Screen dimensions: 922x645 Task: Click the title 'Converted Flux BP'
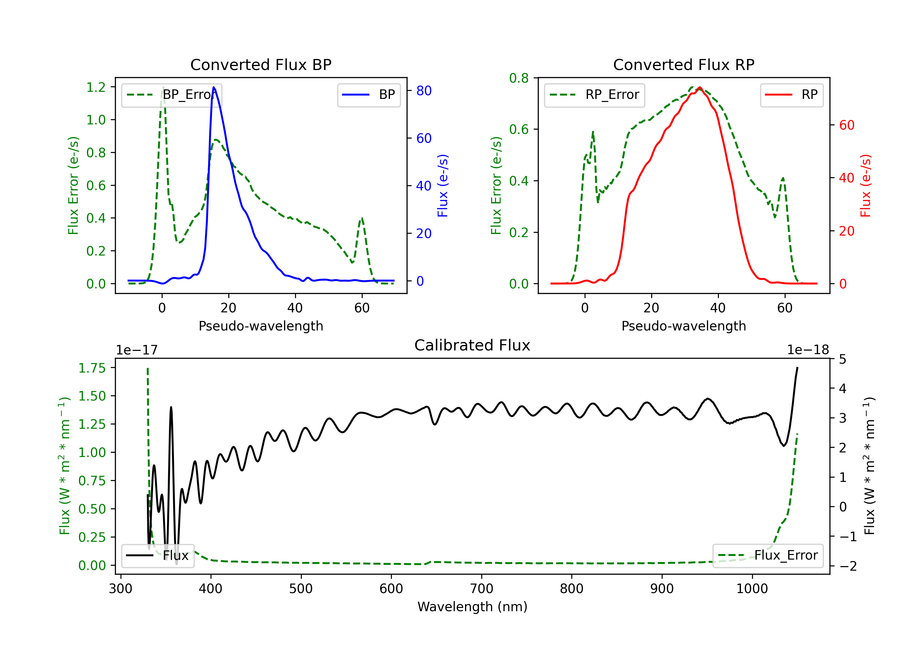[x=261, y=64]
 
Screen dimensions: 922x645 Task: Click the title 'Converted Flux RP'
[x=684, y=64]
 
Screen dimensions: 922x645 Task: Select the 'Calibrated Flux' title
[x=472, y=345]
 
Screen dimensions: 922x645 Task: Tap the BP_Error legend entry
[x=172, y=95]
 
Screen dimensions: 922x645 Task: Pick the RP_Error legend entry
[x=594, y=95]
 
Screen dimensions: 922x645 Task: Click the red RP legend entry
[x=791, y=95]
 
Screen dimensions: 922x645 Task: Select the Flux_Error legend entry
[x=768, y=556]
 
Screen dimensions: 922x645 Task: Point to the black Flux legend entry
[x=157, y=556]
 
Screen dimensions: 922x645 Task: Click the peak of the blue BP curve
[x=214, y=87]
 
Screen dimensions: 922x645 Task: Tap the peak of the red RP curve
[x=699, y=87]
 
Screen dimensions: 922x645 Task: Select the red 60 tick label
[x=847, y=125]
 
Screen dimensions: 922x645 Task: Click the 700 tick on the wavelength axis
[x=482, y=589]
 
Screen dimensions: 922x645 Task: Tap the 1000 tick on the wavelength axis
[x=752, y=589]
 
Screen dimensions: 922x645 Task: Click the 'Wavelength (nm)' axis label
[x=472, y=607]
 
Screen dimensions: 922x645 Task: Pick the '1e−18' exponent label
[x=808, y=350]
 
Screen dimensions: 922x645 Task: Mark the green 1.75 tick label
[x=92, y=368]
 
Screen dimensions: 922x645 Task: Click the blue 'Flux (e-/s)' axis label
[x=443, y=186]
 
